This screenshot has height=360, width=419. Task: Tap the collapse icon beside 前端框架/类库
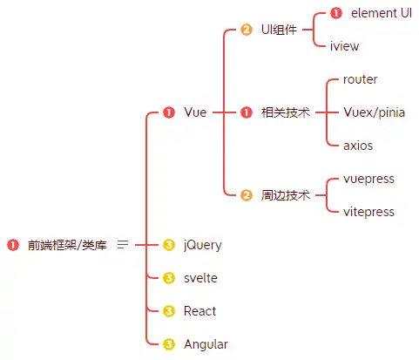tap(123, 245)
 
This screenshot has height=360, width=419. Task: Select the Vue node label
tap(195, 112)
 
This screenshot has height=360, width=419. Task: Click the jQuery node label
tap(202, 245)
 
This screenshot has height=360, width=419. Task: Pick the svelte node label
tap(200, 278)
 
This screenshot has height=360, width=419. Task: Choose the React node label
tap(199, 311)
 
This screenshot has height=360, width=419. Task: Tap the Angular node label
tap(206, 344)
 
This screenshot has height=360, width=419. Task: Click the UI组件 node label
tap(279, 30)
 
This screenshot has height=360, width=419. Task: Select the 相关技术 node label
tap(285, 112)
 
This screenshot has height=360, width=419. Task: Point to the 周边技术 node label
tap(285, 195)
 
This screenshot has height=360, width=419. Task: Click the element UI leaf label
tap(382, 13)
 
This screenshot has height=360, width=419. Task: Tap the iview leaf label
tap(344, 46)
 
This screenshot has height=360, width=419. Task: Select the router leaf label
tap(361, 79)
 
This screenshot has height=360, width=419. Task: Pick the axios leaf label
tap(358, 146)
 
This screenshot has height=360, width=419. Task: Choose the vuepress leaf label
tap(368, 179)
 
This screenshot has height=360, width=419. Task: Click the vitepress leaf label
tap(368, 212)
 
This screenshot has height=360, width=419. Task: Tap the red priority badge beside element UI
tap(336, 13)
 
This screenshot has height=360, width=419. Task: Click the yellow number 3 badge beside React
tap(169, 311)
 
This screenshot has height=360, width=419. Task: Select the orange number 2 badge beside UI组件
tap(247, 30)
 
